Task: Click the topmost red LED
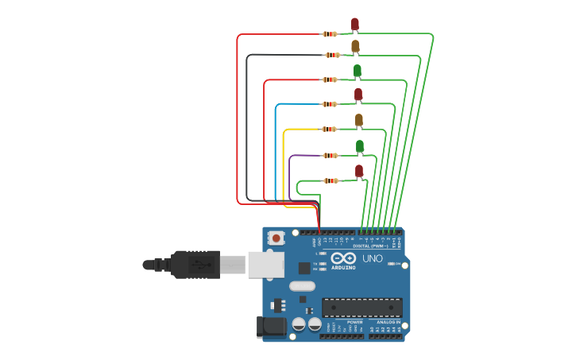pyautogui.click(x=354, y=24)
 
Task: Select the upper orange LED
pyautogui.click(x=355, y=46)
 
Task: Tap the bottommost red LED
pyautogui.click(x=359, y=171)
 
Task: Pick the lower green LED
pyautogui.click(x=359, y=145)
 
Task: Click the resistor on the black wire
pyautogui.click(x=331, y=55)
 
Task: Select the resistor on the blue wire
pyautogui.click(x=330, y=104)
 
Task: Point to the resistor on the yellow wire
pyautogui.click(x=330, y=129)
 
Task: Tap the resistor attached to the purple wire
pyautogui.click(x=330, y=155)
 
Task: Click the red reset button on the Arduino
pyautogui.click(x=276, y=237)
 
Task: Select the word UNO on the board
pyautogui.click(x=373, y=258)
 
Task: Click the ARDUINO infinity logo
pyautogui.click(x=344, y=258)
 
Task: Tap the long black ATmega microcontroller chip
pyautogui.click(x=361, y=307)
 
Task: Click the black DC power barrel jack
pyautogui.click(x=271, y=327)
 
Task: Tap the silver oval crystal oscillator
pyautogui.click(x=302, y=285)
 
